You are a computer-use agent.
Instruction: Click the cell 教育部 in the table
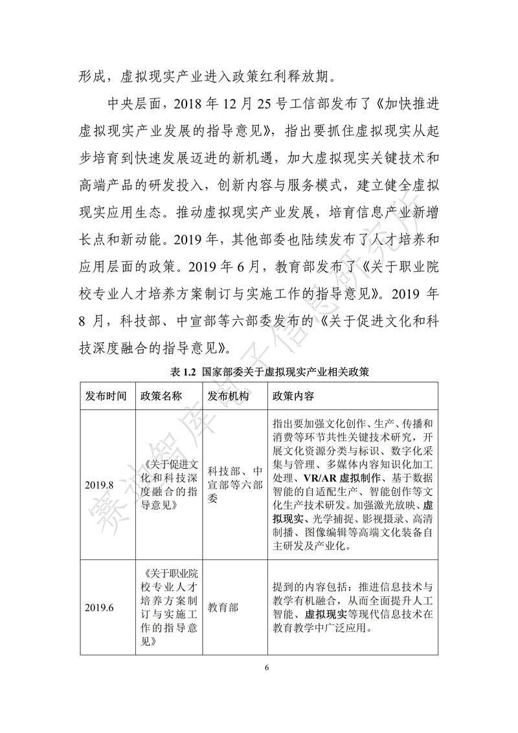coord(223,607)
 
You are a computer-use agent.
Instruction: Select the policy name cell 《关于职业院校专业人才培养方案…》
coord(169,607)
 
